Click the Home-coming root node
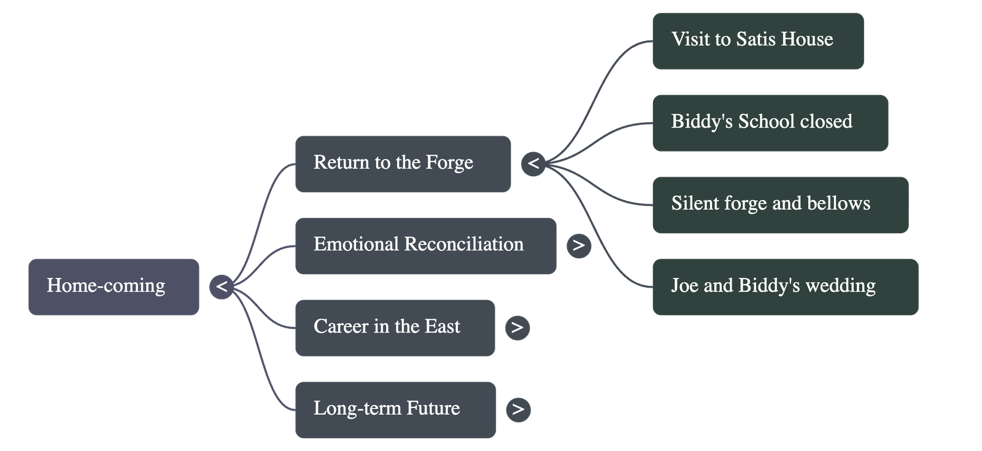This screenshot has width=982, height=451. pyautogui.click(x=114, y=287)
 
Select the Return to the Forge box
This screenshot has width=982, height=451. pyautogui.click(x=403, y=164)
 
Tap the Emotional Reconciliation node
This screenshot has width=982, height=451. pyautogui.click(x=425, y=246)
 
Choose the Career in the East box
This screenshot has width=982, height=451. pyautogui.click(x=395, y=328)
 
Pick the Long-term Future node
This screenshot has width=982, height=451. pyautogui.click(x=395, y=410)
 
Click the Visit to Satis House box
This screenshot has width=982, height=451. pyautogui.click(x=758, y=41)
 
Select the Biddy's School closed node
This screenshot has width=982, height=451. pyautogui.click(x=770, y=123)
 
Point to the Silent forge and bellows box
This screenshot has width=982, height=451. pyautogui.click(x=780, y=205)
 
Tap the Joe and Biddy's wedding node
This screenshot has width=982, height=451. pyautogui.click(x=785, y=287)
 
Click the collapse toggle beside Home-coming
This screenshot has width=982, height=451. pyautogui.click(x=222, y=287)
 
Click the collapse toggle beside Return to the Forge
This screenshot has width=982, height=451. pyautogui.click(x=533, y=164)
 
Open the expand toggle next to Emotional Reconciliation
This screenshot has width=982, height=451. pyautogui.click(x=579, y=245)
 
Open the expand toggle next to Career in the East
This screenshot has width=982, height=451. pyautogui.click(x=517, y=328)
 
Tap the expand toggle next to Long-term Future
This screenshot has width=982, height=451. pyautogui.click(x=518, y=409)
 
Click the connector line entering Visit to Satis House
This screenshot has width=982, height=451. pyautogui.click(x=614, y=61)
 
